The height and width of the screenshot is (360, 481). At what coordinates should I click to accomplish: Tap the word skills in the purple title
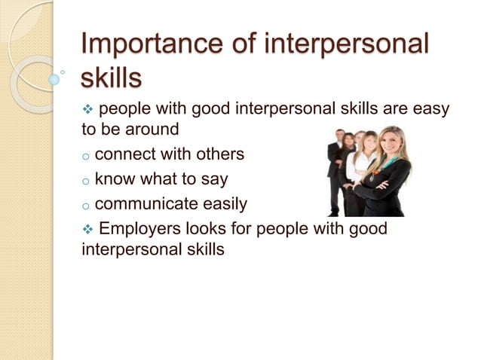point(111,77)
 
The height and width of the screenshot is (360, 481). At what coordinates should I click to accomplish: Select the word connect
point(125,154)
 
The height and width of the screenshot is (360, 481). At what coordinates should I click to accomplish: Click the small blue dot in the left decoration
point(54,78)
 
